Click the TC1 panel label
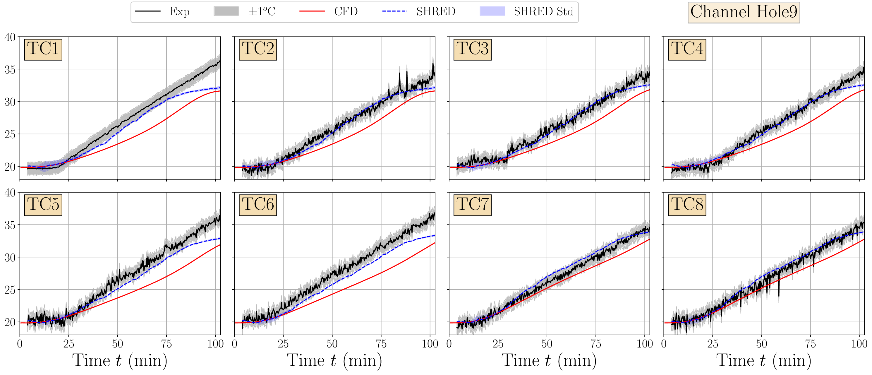coord(43,49)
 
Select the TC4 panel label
coord(687,49)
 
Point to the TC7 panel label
coord(472,205)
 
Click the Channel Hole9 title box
coord(744,12)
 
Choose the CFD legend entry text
coord(346,11)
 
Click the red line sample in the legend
coord(312,11)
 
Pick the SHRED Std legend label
coord(543,11)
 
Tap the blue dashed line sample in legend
coord(394,11)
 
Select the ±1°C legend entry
coord(262,11)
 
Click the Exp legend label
coord(179,11)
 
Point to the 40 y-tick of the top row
coord(10,37)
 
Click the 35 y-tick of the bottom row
coord(10,225)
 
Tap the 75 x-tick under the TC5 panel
coord(166,344)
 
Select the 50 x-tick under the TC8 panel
coord(761,344)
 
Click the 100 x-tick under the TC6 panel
coord(430,344)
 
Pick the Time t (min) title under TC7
coord(549,360)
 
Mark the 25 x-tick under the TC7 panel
coord(498,344)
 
